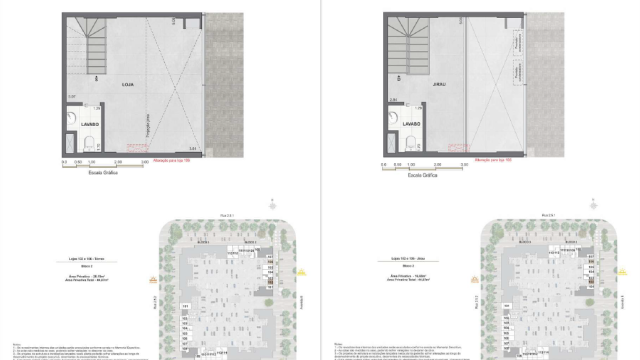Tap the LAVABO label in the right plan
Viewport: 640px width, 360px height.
[x=412, y=124]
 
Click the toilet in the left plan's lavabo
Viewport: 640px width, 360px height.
[x=89, y=141]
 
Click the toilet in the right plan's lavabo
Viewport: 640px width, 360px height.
[x=412, y=141]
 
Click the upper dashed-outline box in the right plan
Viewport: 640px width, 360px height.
[x=517, y=46]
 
